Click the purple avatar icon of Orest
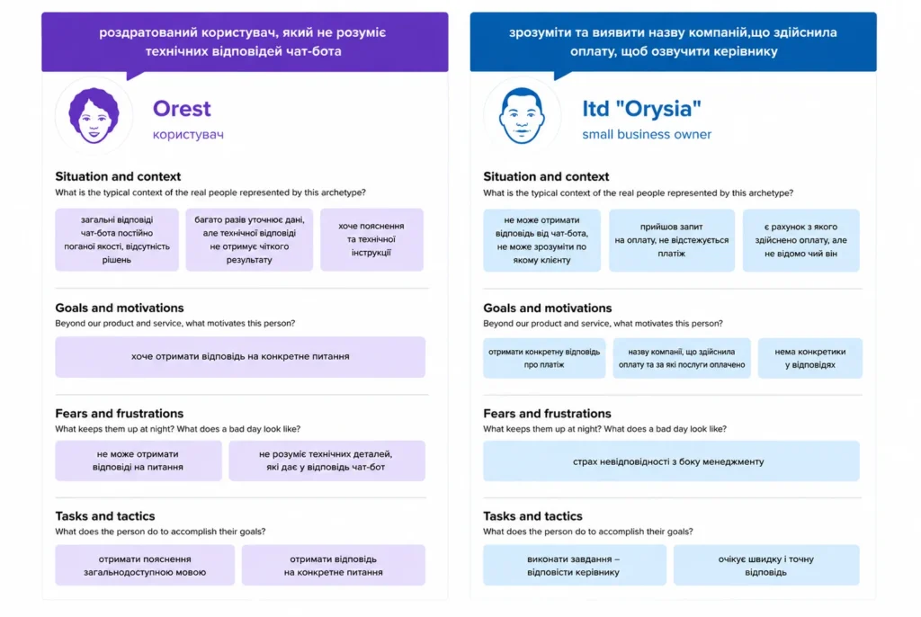pyautogui.click(x=94, y=116)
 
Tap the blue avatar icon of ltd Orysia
pyautogui.click(x=522, y=116)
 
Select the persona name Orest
pyautogui.click(x=182, y=109)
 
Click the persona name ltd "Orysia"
pyautogui.click(x=641, y=109)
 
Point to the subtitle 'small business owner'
pyautogui.click(x=647, y=135)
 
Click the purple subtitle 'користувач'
pyautogui.click(x=188, y=135)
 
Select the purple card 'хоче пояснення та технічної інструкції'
pyautogui.click(x=371, y=240)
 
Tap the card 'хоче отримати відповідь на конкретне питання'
pyautogui.click(x=240, y=357)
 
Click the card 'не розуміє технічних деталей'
pyautogui.click(x=326, y=461)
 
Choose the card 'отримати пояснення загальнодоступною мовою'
pyautogui.click(x=145, y=566)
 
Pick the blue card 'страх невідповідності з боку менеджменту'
pyautogui.click(x=671, y=461)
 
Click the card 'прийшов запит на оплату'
pyautogui.click(x=671, y=240)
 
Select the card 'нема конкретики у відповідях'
pyautogui.click(x=810, y=358)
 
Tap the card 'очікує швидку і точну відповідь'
pyautogui.click(x=766, y=566)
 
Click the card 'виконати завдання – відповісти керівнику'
pyautogui.click(x=575, y=566)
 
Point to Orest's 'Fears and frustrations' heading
pyautogui.click(x=120, y=414)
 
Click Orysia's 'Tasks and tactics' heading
pyautogui.click(x=532, y=516)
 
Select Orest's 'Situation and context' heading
pyautogui.click(x=118, y=177)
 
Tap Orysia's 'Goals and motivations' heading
pyautogui.click(x=548, y=308)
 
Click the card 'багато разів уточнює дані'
pyautogui.click(x=249, y=240)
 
